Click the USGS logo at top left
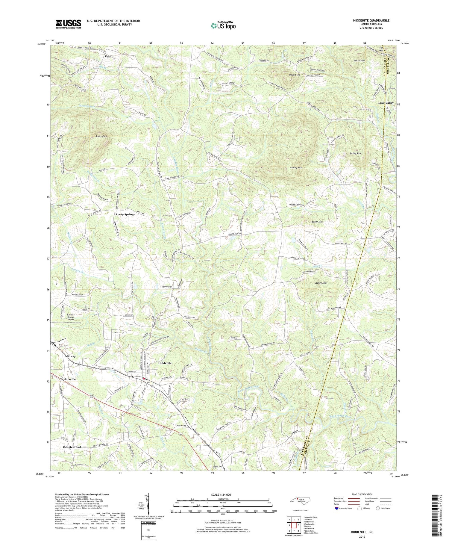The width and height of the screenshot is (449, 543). [68, 24]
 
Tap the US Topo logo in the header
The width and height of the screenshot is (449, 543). [223, 25]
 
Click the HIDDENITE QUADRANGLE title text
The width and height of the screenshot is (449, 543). [368, 20]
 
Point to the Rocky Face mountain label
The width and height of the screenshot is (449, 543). [101, 136]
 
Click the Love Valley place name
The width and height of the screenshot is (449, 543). [386, 103]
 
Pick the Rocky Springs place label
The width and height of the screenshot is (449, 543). [125, 214]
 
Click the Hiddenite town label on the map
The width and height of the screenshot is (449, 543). [165, 363]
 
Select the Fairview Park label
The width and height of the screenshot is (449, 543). [72, 447]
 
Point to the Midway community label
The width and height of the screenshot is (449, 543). [71, 356]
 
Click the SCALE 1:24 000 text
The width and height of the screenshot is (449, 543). [222, 494]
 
